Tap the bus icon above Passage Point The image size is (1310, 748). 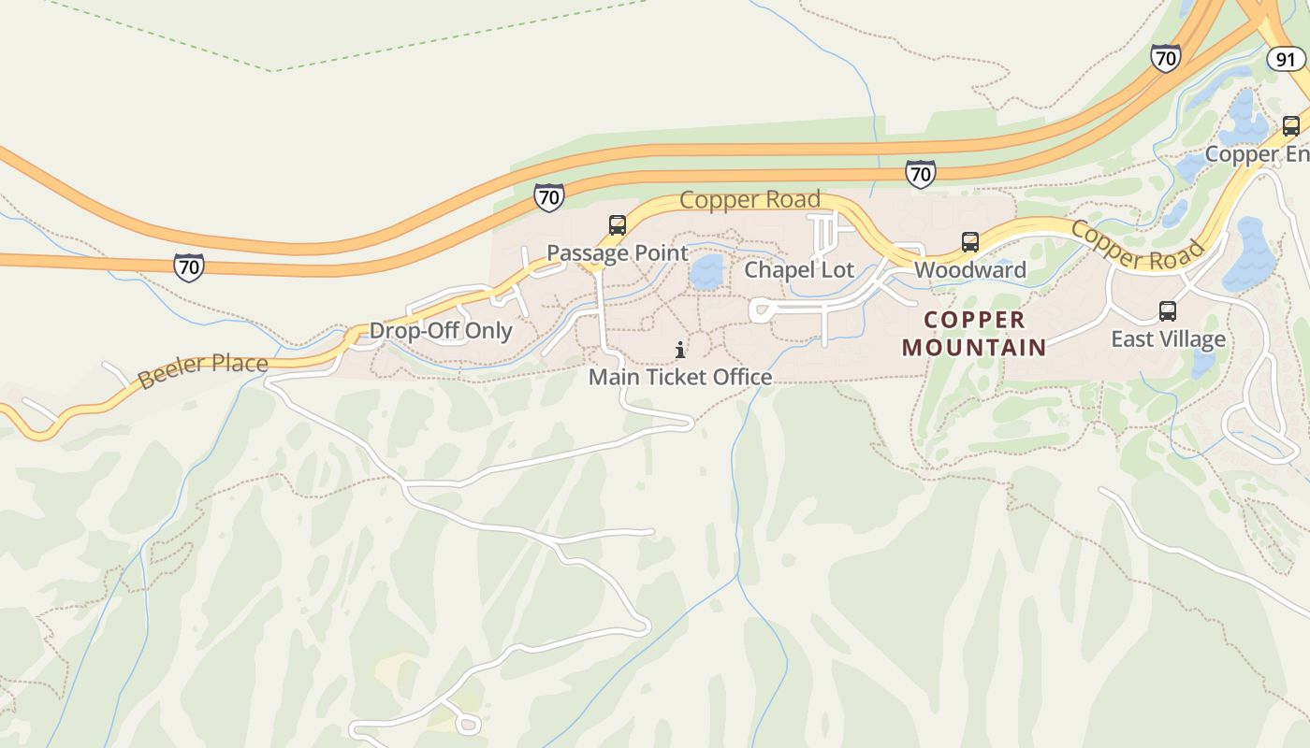(617, 224)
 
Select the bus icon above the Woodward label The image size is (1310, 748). (970, 242)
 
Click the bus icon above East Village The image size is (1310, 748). (1167, 310)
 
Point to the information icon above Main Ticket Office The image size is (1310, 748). (680, 351)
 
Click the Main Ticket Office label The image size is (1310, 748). (680, 377)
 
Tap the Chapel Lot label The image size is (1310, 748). (799, 270)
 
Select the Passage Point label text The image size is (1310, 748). (617, 252)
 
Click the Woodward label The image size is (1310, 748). (969, 270)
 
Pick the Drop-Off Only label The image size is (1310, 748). (441, 330)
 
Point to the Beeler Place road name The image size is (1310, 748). (202, 371)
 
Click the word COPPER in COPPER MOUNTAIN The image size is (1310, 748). (974, 320)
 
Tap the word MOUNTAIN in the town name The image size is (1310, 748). (974, 348)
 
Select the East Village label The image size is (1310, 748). (1168, 338)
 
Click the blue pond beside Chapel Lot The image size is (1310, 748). (707, 271)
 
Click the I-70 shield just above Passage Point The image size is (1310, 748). (549, 197)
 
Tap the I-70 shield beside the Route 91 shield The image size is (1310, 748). (1165, 58)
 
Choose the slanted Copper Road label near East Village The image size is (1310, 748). (1136, 245)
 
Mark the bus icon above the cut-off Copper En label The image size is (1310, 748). (1290, 126)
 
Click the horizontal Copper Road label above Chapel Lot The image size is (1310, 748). (750, 199)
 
